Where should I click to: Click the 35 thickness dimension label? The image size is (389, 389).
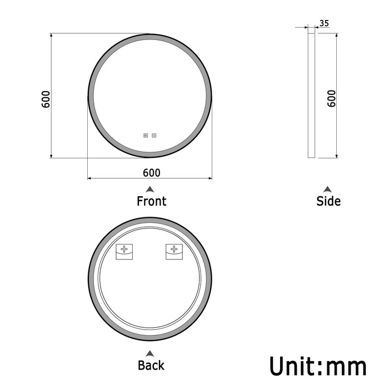325,23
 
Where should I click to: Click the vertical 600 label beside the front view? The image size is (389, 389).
47,99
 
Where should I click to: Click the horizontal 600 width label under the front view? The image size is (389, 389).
151,172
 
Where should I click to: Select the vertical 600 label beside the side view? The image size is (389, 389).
332,98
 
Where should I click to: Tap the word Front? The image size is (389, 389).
151,201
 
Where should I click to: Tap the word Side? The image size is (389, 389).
328,201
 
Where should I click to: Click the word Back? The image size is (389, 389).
151,365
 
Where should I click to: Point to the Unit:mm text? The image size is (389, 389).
318,367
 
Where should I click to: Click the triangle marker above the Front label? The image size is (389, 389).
151,189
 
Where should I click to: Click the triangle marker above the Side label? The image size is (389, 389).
328,189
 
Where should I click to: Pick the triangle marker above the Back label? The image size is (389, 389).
150,353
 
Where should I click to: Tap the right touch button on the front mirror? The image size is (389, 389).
154,134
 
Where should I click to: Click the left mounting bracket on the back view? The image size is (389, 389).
124,252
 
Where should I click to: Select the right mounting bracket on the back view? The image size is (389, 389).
174,252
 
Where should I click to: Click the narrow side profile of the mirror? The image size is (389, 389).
311,94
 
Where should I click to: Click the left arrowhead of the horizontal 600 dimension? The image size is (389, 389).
89,178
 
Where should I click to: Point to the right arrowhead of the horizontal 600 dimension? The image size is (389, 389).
210,178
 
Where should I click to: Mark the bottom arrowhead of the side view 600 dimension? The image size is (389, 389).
336,156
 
